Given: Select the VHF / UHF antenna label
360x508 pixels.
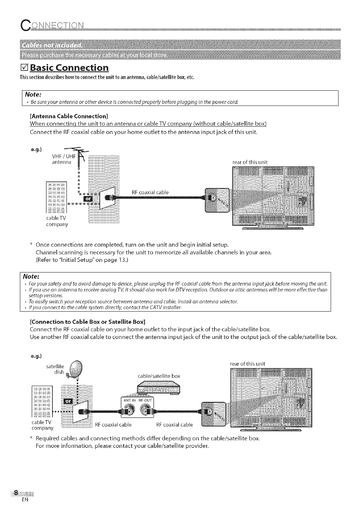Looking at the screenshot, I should pyautogui.click(x=62, y=159).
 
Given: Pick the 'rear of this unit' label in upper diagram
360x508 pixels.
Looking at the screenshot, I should pyautogui.click(x=250, y=162).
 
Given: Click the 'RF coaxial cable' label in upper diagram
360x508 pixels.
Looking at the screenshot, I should pyautogui.click(x=150, y=192).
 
